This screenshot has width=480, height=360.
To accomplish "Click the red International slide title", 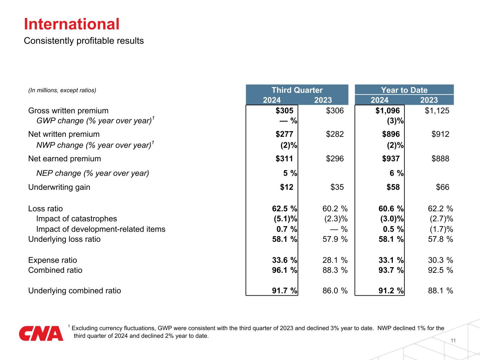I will click(72, 24).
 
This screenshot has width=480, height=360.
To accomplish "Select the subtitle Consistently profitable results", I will click(84, 41).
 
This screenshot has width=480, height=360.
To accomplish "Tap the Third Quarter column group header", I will click(297, 90).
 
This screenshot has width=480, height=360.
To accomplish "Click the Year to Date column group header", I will click(404, 90).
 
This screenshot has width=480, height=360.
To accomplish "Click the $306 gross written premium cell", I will click(335, 111).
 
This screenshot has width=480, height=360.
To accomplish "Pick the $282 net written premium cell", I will click(335, 134).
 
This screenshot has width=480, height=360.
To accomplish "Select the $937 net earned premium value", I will click(391, 159).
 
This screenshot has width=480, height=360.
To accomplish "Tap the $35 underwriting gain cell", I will click(337, 187).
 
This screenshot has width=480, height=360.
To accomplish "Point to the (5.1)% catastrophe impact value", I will click(285, 219).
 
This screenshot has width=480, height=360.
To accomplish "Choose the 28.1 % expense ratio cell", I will click(335, 260).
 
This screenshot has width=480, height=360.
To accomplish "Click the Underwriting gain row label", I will click(59, 187).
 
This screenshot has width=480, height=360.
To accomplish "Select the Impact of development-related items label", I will click(101, 229).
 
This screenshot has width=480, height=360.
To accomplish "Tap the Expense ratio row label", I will click(52, 260).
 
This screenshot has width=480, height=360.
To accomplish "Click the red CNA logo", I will click(41, 333).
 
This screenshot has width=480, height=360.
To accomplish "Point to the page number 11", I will click(453, 340).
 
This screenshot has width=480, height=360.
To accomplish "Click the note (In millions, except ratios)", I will click(62, 90).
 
